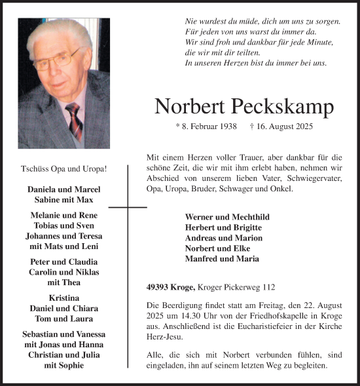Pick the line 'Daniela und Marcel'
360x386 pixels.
coord(64,189)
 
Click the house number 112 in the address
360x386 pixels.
coord(267,287)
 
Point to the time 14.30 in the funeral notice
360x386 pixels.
coord(200,315)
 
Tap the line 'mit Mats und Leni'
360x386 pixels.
coord(64,246)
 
